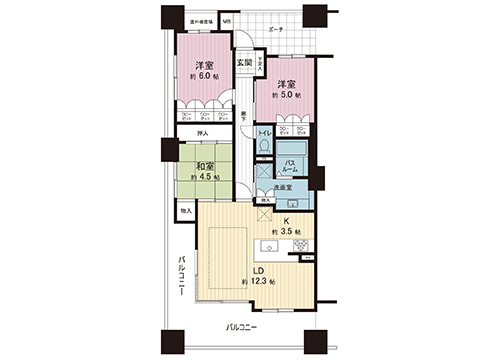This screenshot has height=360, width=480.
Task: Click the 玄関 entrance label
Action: (244, 64)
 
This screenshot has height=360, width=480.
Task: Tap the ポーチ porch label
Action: (276, 30)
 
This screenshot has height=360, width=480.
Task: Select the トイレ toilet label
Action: (265, 132)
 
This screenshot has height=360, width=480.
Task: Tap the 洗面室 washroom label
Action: (283, 186)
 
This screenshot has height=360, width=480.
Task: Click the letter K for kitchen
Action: (285, 221)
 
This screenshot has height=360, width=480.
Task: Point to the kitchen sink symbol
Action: (268, 245)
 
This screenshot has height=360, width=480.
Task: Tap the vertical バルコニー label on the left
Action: (182, 276)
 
